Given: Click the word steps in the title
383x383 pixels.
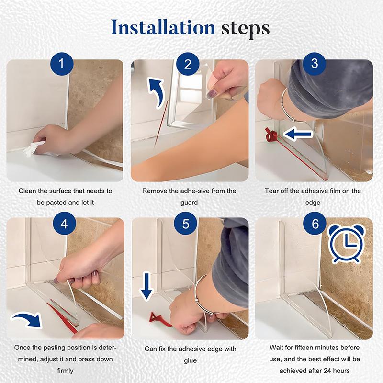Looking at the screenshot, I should click(246, 28).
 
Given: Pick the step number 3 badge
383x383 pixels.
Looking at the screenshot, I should click(315, 64).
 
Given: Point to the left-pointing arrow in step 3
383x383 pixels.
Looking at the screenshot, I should click(299, 135).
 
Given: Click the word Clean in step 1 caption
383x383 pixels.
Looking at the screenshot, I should click(28, 191).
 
